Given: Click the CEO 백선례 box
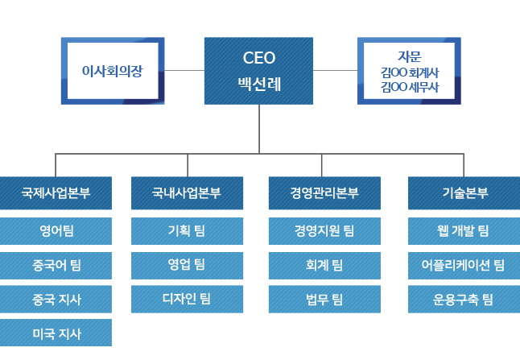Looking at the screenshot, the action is pyautogui.click(x=258, y=71).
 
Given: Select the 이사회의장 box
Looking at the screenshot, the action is pyautogui.click(x=113, y=71).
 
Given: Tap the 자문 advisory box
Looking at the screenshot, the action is pyautogui.click(x=409, y=71).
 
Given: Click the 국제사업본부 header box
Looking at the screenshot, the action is pyautogui.click(x=56, y=192).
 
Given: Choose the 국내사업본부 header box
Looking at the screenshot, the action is pyautogui.click(x=187, y=192).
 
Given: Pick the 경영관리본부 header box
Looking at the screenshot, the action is pyautogui.click(x=324, y=192).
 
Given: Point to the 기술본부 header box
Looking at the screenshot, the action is pyautogui.click(x=464, y=192).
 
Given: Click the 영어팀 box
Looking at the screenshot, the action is pyautogui.click(x=56, y=231).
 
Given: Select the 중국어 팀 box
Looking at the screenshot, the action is pyautogui.click(x=56, y=266).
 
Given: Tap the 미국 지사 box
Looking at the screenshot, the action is pyautogui.click(x=56, y=333).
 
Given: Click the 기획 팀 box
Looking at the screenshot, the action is pyautogui.click(x=187, y=231).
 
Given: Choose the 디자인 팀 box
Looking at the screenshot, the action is pyautogui.click(x=187, y=299).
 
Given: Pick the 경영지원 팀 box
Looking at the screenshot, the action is pyautogui.click(x=324, y=231).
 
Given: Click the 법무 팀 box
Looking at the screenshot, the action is pyautogui.click(x=324, y=299).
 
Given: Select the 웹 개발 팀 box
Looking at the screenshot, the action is pyautogui.click(x=464, y=231).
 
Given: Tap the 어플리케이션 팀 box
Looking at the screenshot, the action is pyautogui.click(x=464, y=266).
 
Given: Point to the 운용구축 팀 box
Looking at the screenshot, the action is pyautogui.click(x=464, y=299).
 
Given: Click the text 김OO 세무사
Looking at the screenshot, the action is pyautogui.click(x=410, y=87).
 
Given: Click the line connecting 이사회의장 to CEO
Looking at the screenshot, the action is pyautogui.click(x=184, y=70).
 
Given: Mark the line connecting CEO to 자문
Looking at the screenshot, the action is pyautogui.click(x=336, y=70).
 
